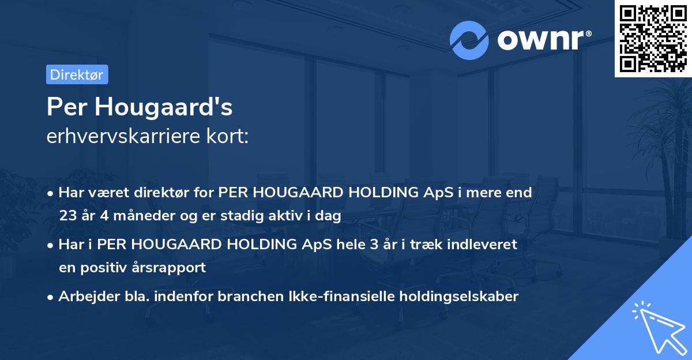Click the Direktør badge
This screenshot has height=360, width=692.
click(77, 74)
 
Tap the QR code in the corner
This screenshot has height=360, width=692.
click(652, 38)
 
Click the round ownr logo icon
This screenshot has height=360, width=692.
click(469, 40)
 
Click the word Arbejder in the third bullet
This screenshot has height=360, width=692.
click(84, 297)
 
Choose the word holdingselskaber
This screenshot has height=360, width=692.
click(462, 297)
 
